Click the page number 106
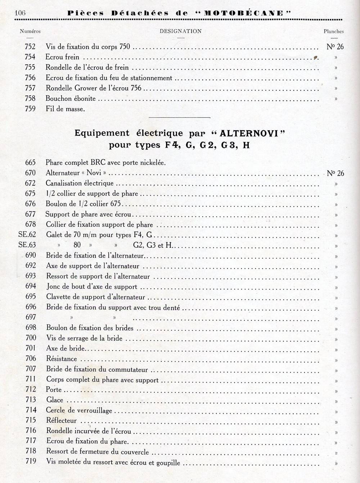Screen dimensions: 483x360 pos(20,13)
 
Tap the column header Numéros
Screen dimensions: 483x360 pos(30,31)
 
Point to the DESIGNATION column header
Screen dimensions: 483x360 pos(180,31)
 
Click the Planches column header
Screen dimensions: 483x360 pos(333,31)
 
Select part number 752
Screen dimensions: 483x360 pos(30,46)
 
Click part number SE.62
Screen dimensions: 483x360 pos(27,235)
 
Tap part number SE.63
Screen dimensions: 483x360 pos(27,245)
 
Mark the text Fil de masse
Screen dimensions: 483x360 pos(65,109)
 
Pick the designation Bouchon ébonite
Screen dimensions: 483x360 pos(71,98)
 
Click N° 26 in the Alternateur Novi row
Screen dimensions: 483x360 pos(335,173)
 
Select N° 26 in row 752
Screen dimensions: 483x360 pos(335,46)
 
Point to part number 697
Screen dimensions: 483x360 pos(31,317)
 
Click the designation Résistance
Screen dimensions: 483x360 pos(62,359)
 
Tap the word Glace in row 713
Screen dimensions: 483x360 pos(55,400)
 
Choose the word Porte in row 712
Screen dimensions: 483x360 pos(54,390)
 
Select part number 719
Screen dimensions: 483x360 pos(31,461)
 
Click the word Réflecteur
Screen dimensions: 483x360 pos(62,420)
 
